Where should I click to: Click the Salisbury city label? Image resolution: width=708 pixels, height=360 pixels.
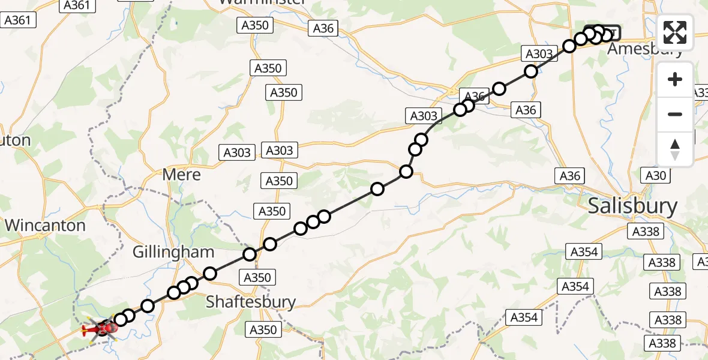(632, 206)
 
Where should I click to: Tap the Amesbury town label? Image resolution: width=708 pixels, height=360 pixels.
(645, 49)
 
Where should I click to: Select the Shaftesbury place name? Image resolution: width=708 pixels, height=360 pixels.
(251, 301)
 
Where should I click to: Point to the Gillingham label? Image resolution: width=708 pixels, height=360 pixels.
(174, 252)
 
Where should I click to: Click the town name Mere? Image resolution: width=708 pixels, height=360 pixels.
(182, 175)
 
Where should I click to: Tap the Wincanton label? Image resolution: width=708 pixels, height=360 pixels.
(46, 226)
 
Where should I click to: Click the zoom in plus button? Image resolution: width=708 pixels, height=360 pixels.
(675, 79)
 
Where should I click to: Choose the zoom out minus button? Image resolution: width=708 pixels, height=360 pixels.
(675, 114)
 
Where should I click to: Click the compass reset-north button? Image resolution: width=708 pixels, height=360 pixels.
(675, 149)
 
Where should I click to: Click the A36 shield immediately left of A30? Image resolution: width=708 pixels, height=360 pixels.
(570, 175)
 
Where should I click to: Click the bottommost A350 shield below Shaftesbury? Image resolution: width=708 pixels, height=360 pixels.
(263, 329)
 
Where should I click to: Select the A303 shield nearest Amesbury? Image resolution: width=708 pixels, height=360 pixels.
(539, 54)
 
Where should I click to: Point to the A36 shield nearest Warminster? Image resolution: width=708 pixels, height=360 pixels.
(323, 28)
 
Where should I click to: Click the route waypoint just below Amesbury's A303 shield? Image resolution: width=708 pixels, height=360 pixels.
(530, 72)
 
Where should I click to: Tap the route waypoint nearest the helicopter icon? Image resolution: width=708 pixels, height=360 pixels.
(121, 319)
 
